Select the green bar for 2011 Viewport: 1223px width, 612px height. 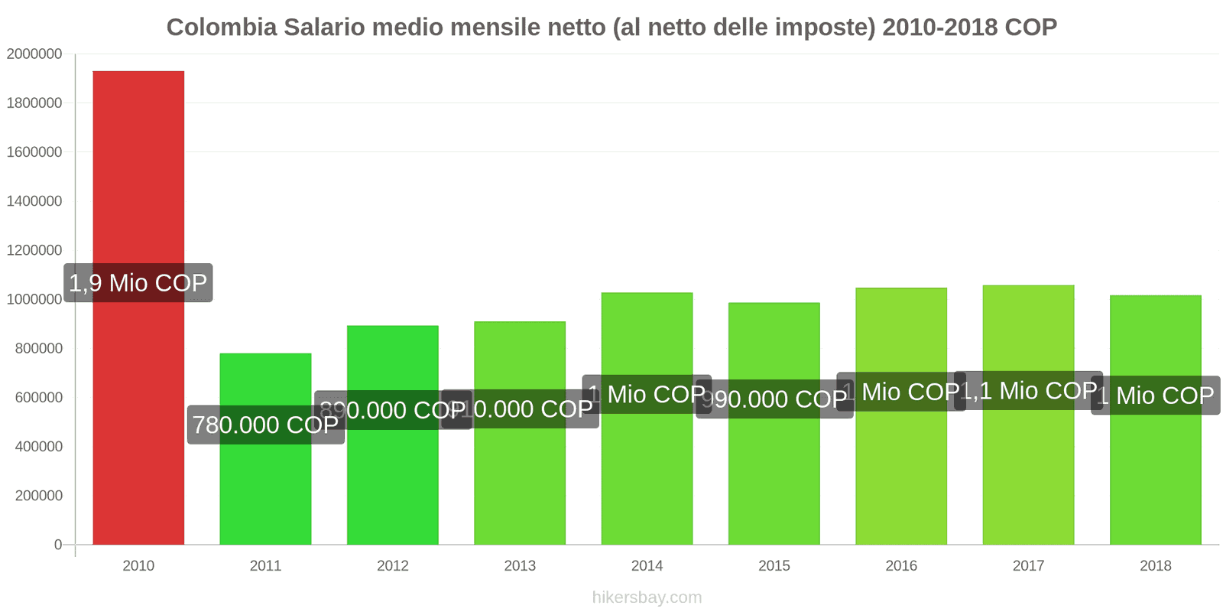[265, 490]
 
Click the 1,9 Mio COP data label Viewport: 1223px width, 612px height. [138, 283]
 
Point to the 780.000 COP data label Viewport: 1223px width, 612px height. [265, 425]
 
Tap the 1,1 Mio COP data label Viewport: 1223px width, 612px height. [1028, 391]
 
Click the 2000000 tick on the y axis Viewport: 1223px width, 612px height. [34, 54]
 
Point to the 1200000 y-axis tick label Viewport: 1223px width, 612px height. [34, 250]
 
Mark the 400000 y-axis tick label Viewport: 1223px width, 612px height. [39, 447]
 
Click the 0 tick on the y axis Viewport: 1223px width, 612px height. [58, 545]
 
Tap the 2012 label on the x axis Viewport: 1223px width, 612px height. [393, 566]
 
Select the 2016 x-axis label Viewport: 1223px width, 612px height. [901, 566]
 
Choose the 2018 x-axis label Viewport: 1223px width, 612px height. [1155, 566]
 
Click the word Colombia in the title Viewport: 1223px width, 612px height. [222, 28]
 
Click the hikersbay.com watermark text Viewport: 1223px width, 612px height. [647, 597]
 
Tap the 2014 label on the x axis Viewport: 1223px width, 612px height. [647, 566]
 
